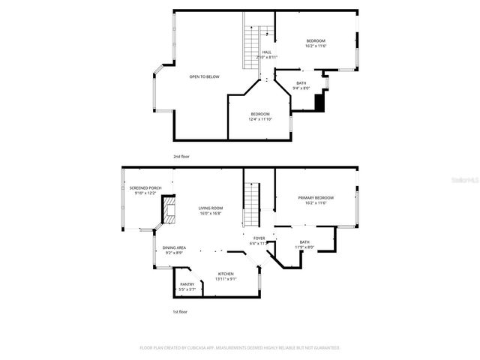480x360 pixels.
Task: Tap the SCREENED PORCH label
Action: tap(145, 188)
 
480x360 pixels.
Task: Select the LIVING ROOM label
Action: tap(211, 208)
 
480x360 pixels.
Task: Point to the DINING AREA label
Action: tap(174, 247)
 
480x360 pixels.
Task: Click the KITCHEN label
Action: tap(226, 274)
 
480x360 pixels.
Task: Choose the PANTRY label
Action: tap(187, 284)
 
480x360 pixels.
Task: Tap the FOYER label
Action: tap(259, 238)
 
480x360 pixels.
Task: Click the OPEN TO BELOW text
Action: tap(204, 76)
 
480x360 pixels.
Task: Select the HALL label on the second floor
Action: tap(267, 52)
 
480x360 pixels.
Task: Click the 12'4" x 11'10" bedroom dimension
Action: tap(260, 118)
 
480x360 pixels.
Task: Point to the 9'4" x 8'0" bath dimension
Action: tap(301, 88)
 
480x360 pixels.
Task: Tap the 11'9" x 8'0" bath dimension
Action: tap(304, 247)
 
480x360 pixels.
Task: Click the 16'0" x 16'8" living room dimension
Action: tap(211, 214)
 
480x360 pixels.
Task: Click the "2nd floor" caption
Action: tap(181, 156)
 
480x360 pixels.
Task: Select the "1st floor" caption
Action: tap(181, 310)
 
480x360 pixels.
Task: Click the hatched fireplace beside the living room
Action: tap(169, 211)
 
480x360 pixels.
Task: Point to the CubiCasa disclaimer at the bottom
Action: tap(240, 347)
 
